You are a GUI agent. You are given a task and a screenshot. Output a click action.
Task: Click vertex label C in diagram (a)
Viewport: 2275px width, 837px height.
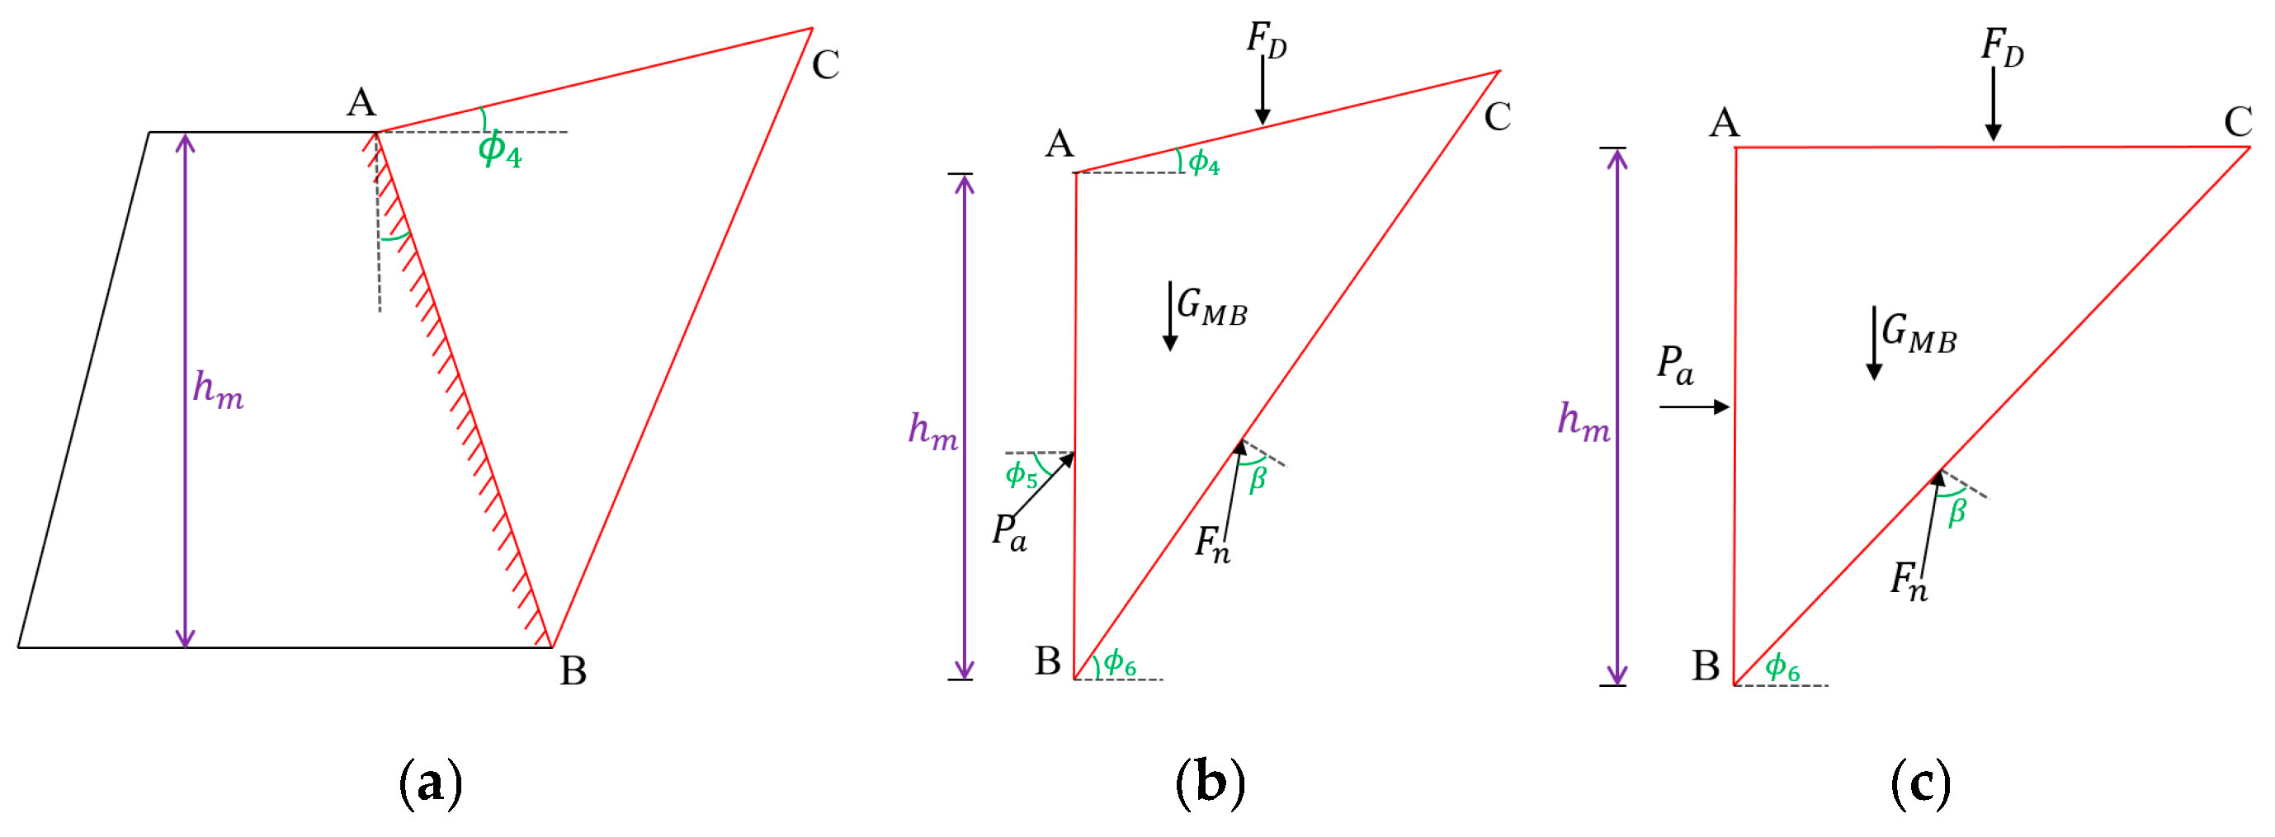tap(825, 64)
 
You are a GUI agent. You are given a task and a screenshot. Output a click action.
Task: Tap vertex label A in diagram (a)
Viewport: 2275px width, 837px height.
tap(361, 103)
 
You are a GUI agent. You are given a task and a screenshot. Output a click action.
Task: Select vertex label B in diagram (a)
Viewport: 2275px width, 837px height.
tap(573, 671)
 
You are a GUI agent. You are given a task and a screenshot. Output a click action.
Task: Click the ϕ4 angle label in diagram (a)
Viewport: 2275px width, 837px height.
tap(500, 149)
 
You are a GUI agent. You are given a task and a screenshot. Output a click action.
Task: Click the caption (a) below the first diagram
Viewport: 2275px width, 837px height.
tap(430, 783)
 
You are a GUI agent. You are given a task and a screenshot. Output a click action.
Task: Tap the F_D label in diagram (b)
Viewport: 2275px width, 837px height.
tap(1266, 40)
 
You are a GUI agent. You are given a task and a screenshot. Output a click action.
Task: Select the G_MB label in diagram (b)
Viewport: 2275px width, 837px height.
tap(1211, 308)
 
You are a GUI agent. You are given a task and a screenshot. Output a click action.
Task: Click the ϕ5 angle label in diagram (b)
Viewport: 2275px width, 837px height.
tap(1021, 475)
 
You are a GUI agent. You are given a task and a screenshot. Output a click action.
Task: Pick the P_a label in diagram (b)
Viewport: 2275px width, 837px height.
tap(1008, 534)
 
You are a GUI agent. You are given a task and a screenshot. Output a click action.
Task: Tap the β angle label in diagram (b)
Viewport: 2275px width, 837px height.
tap(1258, 479)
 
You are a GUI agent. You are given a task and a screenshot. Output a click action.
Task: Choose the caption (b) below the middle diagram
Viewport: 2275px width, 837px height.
tap(1210, 783)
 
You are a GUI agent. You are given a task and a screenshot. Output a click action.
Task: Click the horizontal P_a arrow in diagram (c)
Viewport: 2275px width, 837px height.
tap(1694, 407)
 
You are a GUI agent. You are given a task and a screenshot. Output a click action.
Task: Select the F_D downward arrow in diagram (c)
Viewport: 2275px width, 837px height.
tap(1994, 104)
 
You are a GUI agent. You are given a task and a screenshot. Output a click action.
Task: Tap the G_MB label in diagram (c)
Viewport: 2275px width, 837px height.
tap(1919, 334)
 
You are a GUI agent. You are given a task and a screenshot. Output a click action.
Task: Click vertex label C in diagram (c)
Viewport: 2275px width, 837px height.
tap(2238, 122)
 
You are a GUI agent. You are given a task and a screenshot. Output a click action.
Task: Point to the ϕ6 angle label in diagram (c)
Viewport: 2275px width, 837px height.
tap(1782, 667)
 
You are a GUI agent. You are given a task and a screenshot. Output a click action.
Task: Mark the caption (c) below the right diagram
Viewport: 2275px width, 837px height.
tap(1920, 783)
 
